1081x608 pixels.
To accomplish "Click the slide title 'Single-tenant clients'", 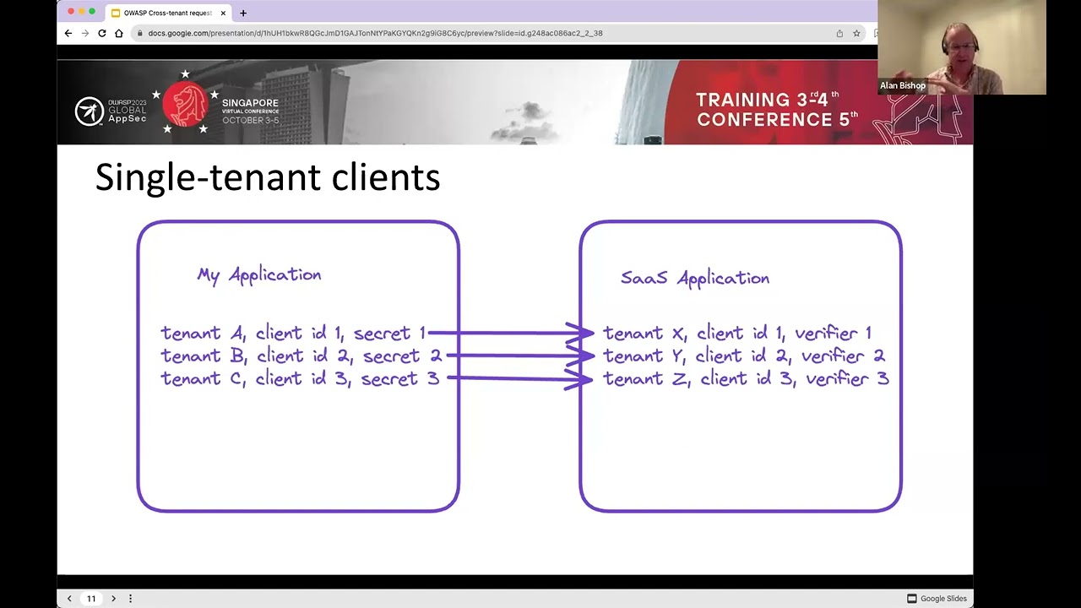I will coord(267,178).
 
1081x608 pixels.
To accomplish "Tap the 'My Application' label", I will coord(258,274).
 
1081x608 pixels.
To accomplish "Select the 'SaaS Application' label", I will coord(694,278).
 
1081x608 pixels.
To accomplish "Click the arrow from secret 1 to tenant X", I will coord(510,333).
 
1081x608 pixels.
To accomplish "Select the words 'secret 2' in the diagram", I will coord(402,356).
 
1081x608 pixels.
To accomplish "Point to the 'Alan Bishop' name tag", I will coord(902,85).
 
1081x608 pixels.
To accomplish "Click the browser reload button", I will coord(101,33).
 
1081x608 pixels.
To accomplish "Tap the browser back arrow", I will coord(68,33).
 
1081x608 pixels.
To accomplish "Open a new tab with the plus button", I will coord(243,13).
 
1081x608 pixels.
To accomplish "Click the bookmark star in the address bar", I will coord(856,33).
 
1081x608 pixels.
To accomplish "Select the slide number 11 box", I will coord(91,599).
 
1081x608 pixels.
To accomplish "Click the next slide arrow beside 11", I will coord(113,599).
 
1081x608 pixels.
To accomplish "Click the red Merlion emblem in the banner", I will coord(186,105).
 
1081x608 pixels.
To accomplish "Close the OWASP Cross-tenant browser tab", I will coord(223,13).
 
